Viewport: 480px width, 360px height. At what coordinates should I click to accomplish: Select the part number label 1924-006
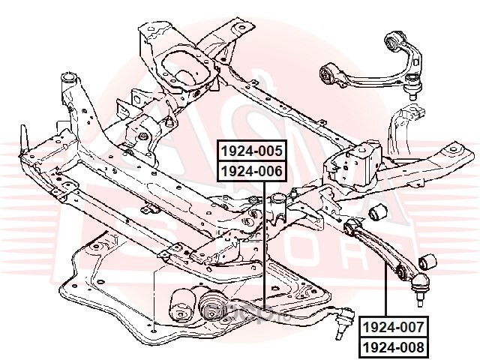[250, 171]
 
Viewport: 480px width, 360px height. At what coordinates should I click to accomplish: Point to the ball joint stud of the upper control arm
[412, 94]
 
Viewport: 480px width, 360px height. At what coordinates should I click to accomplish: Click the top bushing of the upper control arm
[394, 37]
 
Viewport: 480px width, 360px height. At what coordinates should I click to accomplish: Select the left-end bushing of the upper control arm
[327, 74]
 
